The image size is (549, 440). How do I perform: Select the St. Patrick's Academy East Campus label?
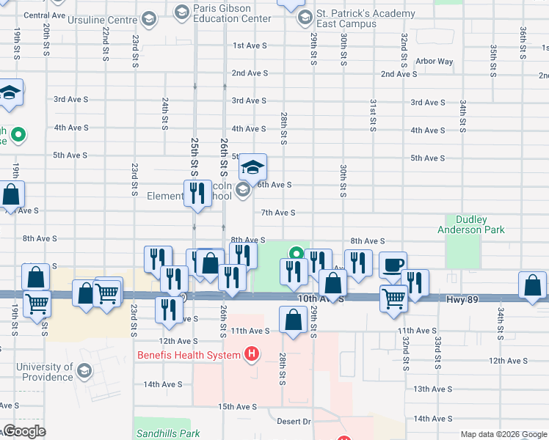[356, 18]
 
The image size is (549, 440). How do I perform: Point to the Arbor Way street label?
[434, 62]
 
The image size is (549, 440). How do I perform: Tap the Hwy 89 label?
[462, 299]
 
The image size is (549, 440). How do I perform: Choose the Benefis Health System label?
[189, 356]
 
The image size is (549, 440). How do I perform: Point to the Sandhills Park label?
[167, 433]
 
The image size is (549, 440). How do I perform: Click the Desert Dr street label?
[294, 422]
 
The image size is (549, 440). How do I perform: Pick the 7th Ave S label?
[278, 213]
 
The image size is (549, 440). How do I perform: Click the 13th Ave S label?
[432, 389]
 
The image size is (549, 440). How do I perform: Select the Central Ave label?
[44, 15]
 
